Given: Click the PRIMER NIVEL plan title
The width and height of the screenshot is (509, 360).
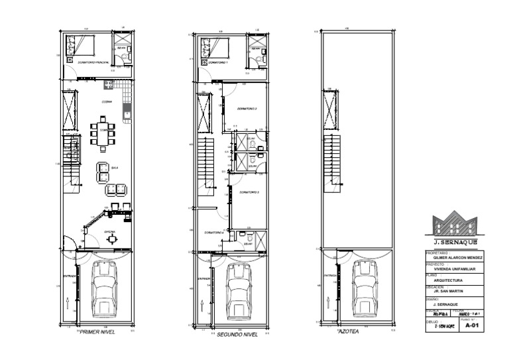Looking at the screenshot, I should click(97, 332).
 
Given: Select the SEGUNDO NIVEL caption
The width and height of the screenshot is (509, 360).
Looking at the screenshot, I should click(236, 335).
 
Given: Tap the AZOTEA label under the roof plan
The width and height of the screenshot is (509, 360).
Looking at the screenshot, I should click(349, 331).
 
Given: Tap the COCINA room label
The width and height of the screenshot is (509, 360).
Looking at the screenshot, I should click(106, 101).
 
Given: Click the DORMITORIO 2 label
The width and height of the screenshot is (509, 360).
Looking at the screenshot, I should click(247, 108).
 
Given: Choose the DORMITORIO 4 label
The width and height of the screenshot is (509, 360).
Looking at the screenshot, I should click(214, 233).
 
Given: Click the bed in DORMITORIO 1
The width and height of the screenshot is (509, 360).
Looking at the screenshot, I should click(215, 48).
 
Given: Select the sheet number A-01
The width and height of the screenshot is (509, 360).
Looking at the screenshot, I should click(471, 326).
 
